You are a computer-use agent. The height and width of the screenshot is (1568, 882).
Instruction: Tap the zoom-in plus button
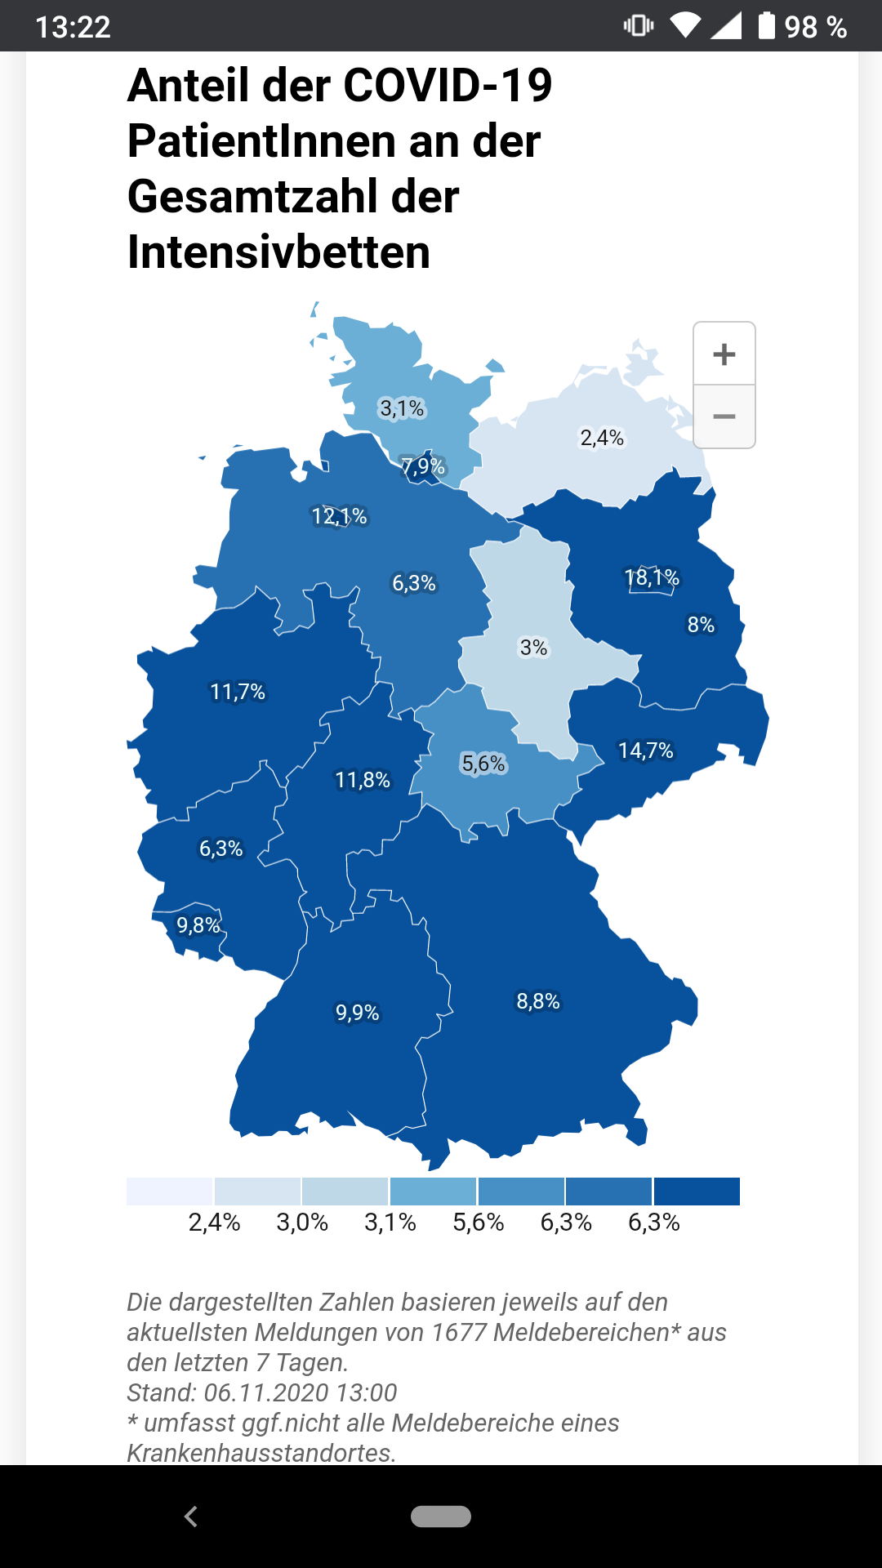click(x=724, y=354)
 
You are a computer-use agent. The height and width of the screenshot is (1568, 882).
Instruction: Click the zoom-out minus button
click(x=724, y=416)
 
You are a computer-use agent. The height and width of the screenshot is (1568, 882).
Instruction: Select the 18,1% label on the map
click(x=652, y=578)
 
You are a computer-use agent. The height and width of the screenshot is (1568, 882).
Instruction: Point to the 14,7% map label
click(x=645, y=751)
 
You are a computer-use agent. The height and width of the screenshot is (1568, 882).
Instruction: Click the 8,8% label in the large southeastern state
click(x=538, y=1001)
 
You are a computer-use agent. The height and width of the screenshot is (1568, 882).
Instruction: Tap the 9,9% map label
click(x=358, y=1013)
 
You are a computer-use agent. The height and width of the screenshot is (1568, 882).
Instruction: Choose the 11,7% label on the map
click(x=238, y=692)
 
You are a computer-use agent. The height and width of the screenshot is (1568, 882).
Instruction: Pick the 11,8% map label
click(x=363, y=780)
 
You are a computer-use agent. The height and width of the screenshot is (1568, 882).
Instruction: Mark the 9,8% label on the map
click(x=198, y=925)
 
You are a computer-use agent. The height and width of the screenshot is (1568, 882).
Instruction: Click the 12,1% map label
click(x=340, y=516)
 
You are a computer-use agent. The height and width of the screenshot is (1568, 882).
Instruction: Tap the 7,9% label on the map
click(x=423, y=466)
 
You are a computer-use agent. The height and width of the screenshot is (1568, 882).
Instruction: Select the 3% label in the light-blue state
click(x=534, y=648)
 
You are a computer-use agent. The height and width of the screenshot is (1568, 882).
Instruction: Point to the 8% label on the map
click(x=701, y=625)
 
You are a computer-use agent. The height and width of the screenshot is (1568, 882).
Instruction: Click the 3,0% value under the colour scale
click(x=302, y=1223)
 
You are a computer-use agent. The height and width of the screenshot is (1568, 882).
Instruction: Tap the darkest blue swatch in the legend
click(x=697, y=1192)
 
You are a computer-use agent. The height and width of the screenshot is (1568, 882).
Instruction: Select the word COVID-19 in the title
click(x=448, y=85)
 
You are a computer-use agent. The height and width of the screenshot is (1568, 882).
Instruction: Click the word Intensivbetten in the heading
click(x=278, y=252)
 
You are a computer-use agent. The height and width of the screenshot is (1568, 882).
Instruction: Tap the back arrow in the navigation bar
click(x=191, y=1517)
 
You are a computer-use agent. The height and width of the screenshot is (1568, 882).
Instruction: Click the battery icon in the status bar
click(x=766, y=26)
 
